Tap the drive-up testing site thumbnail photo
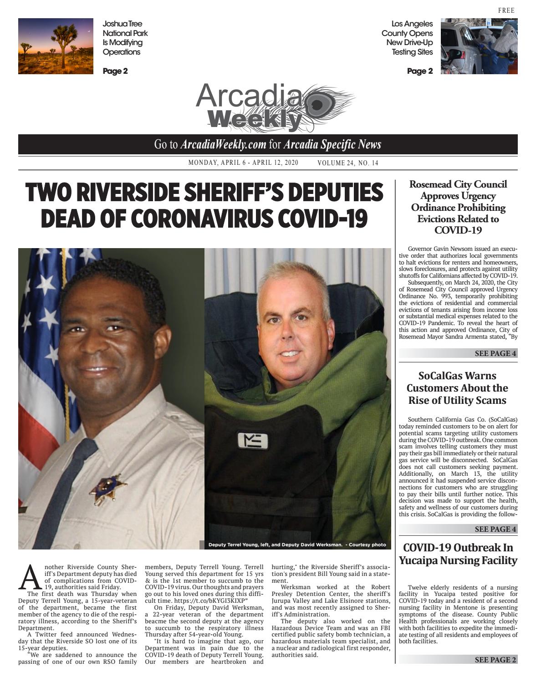click(x=479, y=46)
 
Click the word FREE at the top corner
click(x=506, y=10)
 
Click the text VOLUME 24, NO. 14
click(x=348, y=163)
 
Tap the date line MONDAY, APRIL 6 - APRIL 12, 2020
click(x=243, y=163)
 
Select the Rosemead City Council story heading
click(x=458, y=207)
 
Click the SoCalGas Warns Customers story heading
click(x=458, y=388)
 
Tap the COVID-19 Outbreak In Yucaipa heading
click(x=458, y=554)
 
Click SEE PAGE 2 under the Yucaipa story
click(x=495, y=660)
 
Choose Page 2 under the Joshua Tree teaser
click(x=115, y=71)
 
